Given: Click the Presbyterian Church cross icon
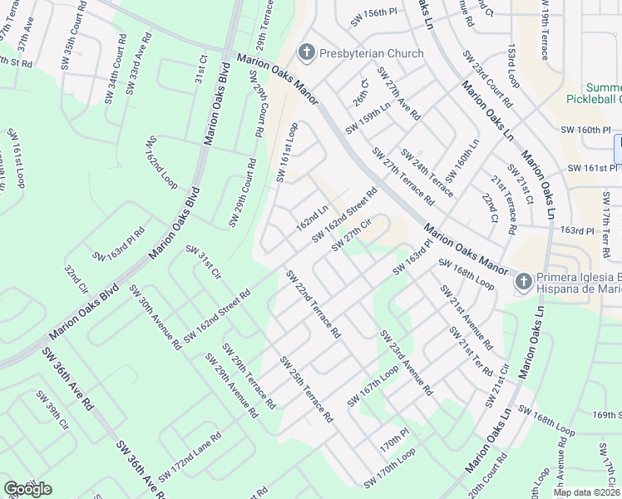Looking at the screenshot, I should point(306,53).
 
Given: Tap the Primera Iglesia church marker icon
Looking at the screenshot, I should point(523,282).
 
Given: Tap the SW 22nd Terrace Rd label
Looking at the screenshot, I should point(313,304).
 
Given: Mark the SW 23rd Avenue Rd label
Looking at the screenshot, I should point(406,363).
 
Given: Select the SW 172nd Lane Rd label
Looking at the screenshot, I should point(190,456).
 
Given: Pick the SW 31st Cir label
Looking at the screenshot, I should point(203,263).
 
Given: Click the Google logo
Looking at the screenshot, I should point(27,488).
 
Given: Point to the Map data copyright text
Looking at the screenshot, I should point(586,492).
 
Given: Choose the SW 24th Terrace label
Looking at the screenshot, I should point(427,173).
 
